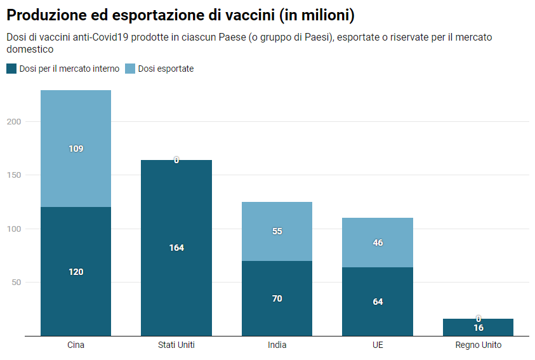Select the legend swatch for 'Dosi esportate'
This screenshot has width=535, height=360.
[130, 69]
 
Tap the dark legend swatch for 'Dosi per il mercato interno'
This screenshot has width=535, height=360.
[11, 69]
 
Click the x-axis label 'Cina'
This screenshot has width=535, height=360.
[76, 345]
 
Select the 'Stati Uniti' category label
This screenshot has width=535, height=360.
[176, 345]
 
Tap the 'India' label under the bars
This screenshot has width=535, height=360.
[277, 345]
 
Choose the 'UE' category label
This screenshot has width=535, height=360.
[378, 345]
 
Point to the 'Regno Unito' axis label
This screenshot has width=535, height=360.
[478, 345]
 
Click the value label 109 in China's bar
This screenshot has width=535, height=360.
[76, 149]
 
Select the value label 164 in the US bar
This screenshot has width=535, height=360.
[176, 248]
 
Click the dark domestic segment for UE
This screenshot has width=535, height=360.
[378, 311]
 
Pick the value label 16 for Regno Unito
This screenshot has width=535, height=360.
[478, 328]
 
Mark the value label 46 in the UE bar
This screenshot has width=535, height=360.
[378, 243]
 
